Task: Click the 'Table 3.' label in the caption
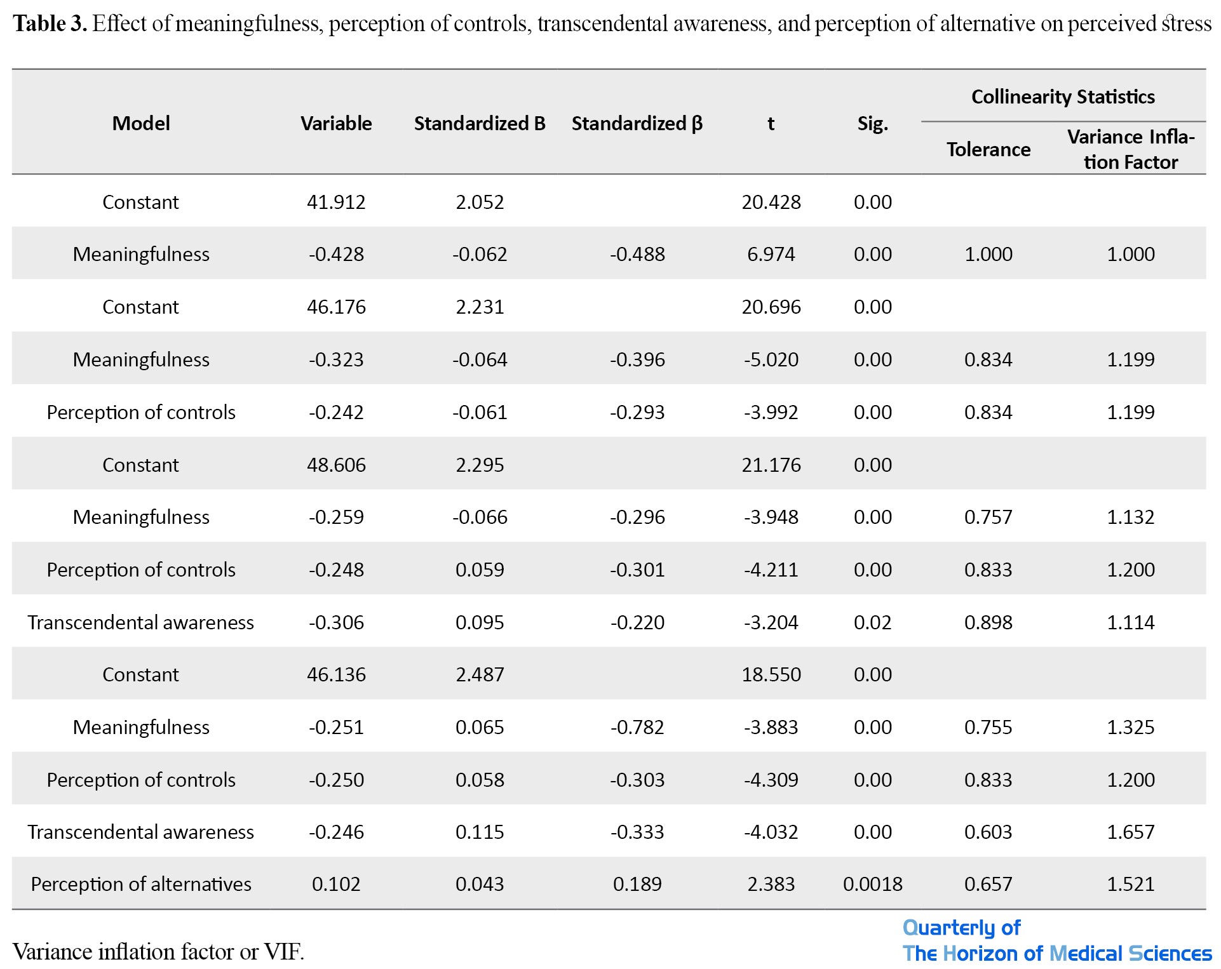[50, 23]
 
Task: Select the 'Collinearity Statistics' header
[1063, 97]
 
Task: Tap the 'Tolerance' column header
[988, 149]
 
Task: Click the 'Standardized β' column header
[637, 123]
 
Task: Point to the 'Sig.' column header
[873, 124]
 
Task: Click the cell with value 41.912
[336, 202]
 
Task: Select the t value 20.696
[771, 307]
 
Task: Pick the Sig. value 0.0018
[873, 884]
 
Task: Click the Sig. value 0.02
[873, 622]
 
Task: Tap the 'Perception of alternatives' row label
[141, 884]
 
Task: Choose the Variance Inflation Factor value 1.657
[1131, 832]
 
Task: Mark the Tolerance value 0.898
[988, 622]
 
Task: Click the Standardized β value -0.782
[637, 727]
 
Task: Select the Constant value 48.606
[336, 465]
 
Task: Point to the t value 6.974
[771, 254]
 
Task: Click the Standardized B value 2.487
[480, 674]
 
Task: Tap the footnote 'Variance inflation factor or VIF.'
[159, 951]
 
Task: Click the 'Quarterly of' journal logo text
[961, 928]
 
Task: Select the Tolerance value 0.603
[988, 832]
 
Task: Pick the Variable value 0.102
[336, 884]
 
